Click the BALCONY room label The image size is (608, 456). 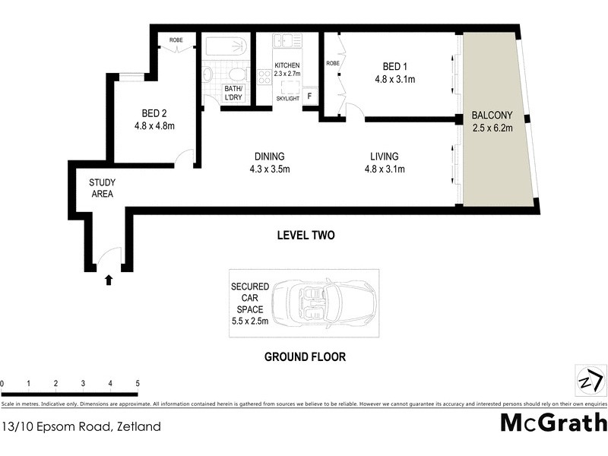click(492, 116)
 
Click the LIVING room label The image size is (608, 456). click(384, 157)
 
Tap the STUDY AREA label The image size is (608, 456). click(101, 188)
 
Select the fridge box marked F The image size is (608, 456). click(309, 97)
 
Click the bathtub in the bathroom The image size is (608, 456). click(225, 47)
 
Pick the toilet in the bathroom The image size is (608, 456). click(237, 74)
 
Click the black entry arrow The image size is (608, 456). click(109, 280)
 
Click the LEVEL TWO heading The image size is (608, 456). click(305, 236)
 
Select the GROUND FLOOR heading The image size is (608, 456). click(305, 356)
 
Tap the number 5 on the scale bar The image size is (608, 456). click(138, 383)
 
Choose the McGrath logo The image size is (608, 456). click(553, 423)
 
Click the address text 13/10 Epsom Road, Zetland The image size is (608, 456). click(81, 426)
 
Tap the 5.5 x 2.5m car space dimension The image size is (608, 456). click(252, 321)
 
